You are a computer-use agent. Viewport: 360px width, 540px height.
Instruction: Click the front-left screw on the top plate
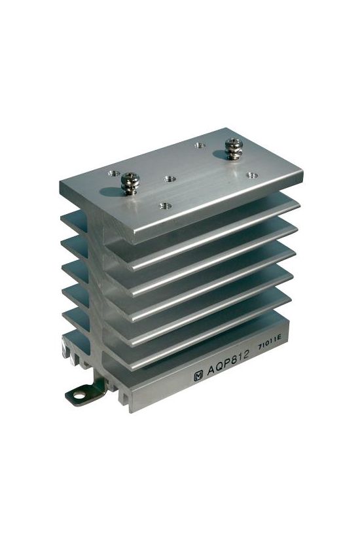[130, 183]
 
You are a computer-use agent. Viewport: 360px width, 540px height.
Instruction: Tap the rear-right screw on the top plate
[234, 149]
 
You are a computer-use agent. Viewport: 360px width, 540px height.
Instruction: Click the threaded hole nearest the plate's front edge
[166, 206]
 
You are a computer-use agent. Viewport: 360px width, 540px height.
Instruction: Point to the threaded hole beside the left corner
[114, 173]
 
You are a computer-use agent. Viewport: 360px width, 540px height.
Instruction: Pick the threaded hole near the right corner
[252, 175]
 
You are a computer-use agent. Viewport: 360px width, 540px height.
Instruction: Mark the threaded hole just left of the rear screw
[200, 146]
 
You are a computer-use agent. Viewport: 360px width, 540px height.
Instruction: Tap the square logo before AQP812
[198, 376]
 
